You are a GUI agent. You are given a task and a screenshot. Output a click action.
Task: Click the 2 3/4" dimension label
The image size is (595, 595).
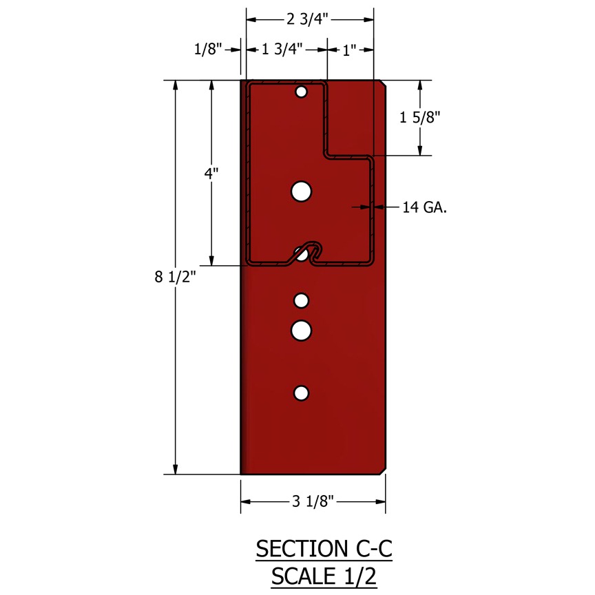(x=307, y=19)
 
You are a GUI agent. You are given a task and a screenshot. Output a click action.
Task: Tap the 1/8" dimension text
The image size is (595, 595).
(x=208, y=49)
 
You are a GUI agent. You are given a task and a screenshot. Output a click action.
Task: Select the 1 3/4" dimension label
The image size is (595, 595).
(x=282, y=49)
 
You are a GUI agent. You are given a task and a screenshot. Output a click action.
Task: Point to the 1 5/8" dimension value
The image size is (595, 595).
(x=420, y=118)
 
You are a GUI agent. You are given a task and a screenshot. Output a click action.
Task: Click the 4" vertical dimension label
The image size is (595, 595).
(x=211, y=174)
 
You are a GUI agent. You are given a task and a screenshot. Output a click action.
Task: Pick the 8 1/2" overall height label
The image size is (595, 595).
(x=176, y=277)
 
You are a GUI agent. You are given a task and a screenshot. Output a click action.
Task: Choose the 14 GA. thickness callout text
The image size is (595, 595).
(x=425, y=207)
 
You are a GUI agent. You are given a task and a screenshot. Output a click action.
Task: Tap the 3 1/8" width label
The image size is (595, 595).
(x=313, y=501)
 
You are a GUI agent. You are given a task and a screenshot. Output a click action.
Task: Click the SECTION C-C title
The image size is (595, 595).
(x=324, y=549)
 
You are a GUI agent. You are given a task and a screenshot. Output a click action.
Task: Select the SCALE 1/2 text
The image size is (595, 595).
(x=324, y=576)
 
